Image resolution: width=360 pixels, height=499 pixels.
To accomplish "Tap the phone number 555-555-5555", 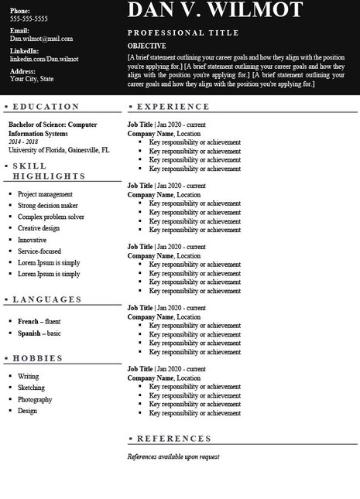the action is pos(29,18).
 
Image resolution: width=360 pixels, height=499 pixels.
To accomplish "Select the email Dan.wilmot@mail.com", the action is pos(41,38).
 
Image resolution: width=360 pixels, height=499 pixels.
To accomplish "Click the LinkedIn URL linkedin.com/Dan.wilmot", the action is pos(44,59).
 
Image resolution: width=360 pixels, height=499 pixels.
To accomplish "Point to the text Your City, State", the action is pos(32,78).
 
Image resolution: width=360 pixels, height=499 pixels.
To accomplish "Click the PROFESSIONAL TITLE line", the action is pos(183,33).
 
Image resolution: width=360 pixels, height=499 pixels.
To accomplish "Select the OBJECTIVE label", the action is pos(147,46).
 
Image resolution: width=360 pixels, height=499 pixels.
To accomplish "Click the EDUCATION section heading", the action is pos(46,106).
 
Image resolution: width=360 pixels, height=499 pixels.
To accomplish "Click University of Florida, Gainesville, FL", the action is pos(59,150).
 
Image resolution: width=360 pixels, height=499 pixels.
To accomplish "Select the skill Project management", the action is pos(45,193).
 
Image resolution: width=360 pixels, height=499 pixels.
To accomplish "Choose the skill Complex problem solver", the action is pos(51,217).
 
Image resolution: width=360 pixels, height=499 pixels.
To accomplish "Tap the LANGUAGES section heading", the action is pos(47,299).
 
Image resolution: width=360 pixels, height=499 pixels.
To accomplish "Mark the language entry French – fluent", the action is pos(39,321).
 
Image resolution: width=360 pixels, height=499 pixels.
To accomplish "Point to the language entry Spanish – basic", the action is pos(39,333).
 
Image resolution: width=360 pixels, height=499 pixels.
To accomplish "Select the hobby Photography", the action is pos(35,399).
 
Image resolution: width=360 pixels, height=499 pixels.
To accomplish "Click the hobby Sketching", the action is pos(31,388).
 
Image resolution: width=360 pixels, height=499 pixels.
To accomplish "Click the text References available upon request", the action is pos(173,456).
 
